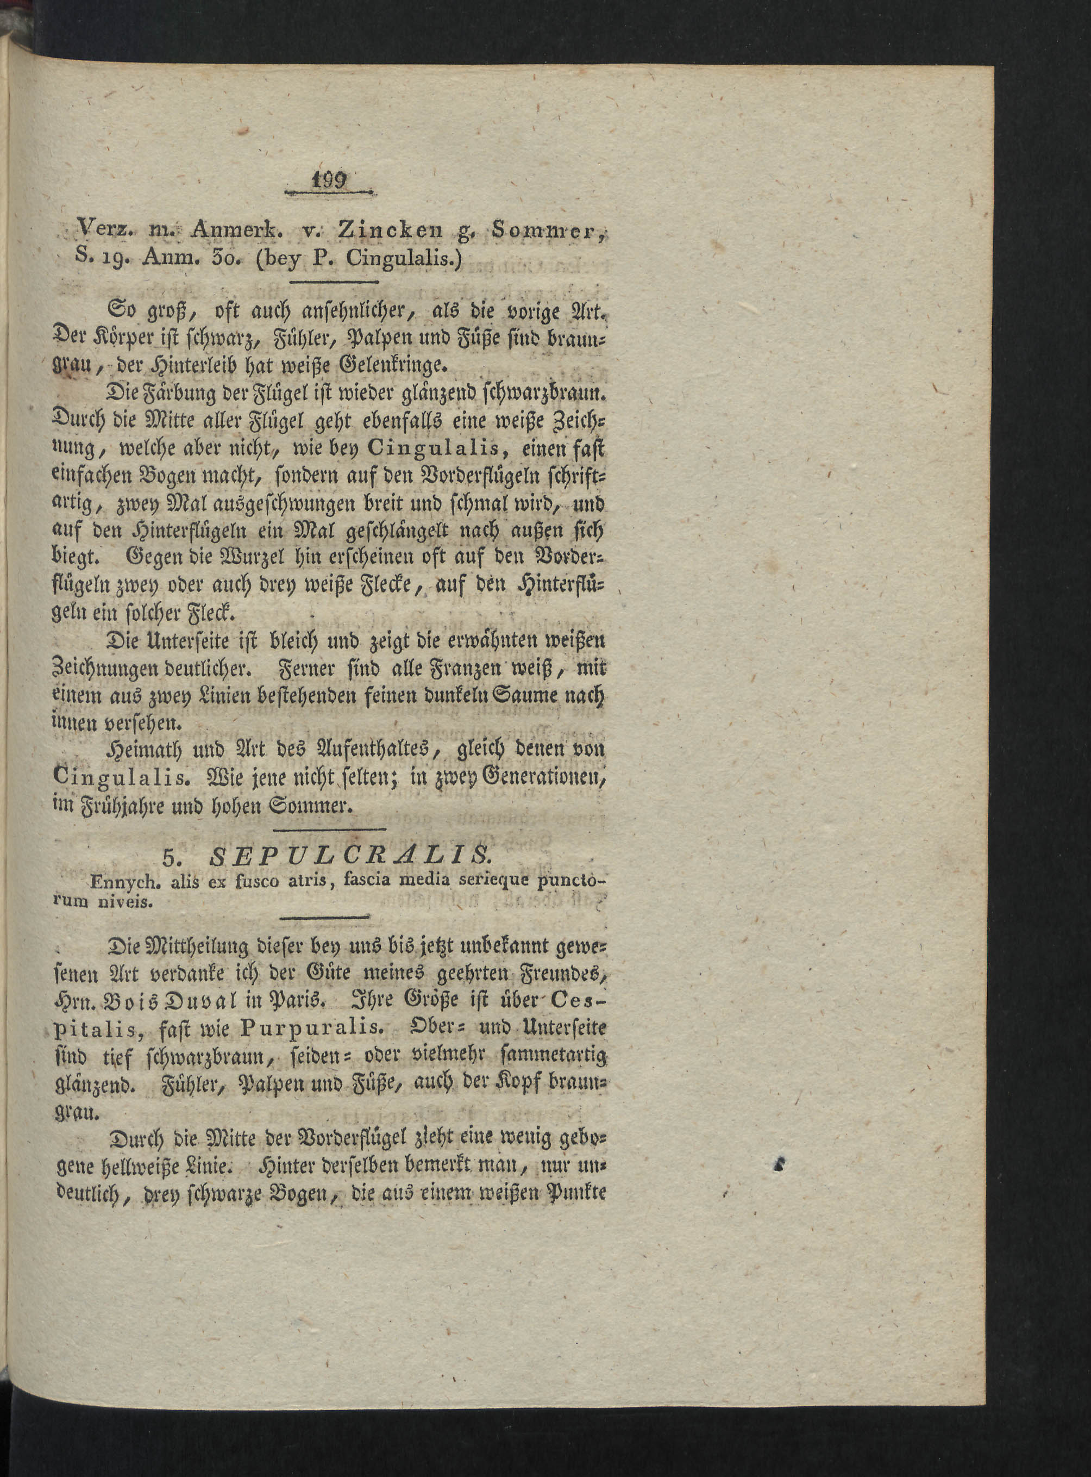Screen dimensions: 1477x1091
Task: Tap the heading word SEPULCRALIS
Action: pos(349,857)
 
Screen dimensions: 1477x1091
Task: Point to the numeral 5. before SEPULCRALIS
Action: pos(171,858)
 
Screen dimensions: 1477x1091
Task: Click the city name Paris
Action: pos(300,999)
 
